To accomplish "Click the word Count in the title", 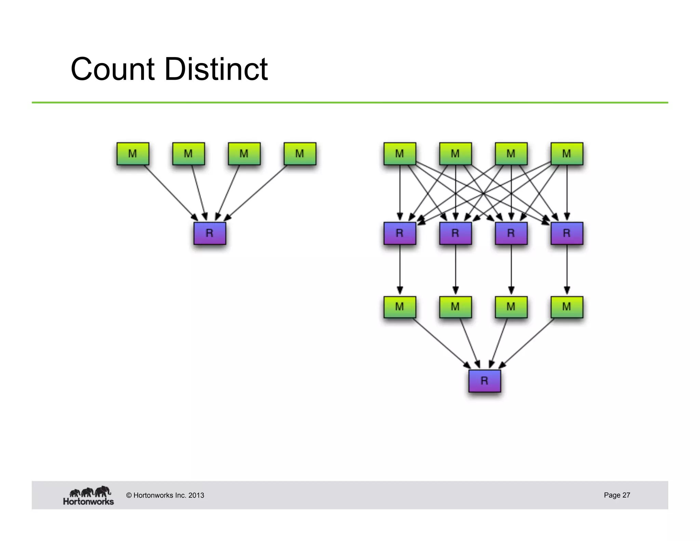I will (x=112, y=69).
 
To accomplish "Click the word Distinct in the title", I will (x=216, y=69).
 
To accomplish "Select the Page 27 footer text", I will (x=617, y=495).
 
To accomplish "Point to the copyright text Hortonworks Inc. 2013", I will (x=165, y=495).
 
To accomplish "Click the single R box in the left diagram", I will (x=210, y=233).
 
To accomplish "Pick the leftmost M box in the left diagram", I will (x=133, y=154).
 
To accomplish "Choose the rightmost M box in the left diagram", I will (x=300, y=154).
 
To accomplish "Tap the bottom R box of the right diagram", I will (x=484, y=381).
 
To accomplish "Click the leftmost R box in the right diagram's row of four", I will (x=400, y=233).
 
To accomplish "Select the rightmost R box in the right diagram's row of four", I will (x=567, y=233).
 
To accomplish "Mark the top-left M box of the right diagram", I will (x=400, y=154).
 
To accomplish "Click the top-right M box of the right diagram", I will (x=567, y=154).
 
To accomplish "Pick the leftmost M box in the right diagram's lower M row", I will (x=400, y=307).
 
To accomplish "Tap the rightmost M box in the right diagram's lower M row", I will (x=567, y=307).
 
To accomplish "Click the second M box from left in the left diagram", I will (x=188, y=154).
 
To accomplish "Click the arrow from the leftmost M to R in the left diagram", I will (x=170, y=193).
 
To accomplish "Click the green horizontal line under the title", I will (x=350, y=102).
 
